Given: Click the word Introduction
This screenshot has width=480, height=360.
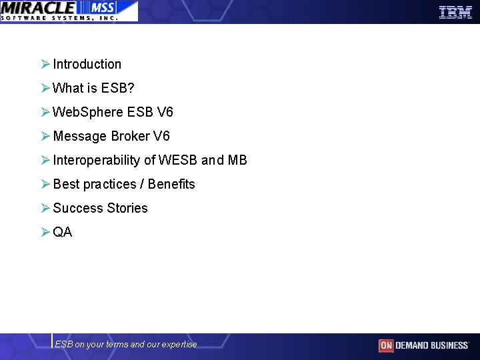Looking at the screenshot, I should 87,65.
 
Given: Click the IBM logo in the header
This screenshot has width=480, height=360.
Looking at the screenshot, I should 455,11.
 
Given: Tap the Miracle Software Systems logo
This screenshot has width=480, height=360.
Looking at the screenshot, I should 69,11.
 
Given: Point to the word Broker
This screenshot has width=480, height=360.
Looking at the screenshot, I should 130,137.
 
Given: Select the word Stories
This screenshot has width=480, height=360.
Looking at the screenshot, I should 127,209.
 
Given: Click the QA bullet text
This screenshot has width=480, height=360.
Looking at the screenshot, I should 63,233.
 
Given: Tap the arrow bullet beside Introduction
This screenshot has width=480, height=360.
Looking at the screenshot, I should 45,65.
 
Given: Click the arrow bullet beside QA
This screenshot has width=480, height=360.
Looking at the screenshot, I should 45,233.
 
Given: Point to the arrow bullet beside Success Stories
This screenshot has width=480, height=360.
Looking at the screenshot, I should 45,209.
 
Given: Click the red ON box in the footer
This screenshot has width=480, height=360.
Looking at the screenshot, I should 386,345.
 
